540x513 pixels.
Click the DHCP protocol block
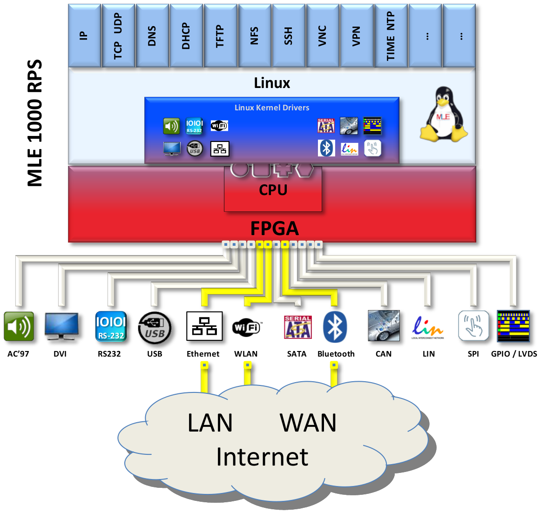click(x=186, y=36)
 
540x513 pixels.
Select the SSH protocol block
click(x=288, y=36)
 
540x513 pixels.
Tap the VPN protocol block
click(x=356, y=36)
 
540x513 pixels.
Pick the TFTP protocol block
click(x=220, y=36)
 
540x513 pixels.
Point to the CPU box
click(x=273, y=190)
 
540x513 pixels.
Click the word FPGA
click(x=274, y=229)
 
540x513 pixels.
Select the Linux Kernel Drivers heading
click(x=272, y=108)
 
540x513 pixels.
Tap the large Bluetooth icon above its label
click(x=335, y=327)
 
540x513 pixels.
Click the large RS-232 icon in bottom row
click(x=111, y=327)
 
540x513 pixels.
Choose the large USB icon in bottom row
click(x=155, y=328)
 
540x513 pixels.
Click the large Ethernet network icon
click(x=204, y=326)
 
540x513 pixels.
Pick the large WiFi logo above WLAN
click(x=246, y=327)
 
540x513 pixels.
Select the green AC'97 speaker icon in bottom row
click(x=19, y=327)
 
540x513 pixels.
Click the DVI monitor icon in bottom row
click(x=61, y=326)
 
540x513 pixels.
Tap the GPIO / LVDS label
click(x=514, y=354)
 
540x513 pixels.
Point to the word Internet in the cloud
click(x=262, y=457)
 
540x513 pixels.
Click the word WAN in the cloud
click(x=308, y=423)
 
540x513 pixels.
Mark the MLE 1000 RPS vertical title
click(x=35, y=123)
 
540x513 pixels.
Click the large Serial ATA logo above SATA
click(x=298, y=327)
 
